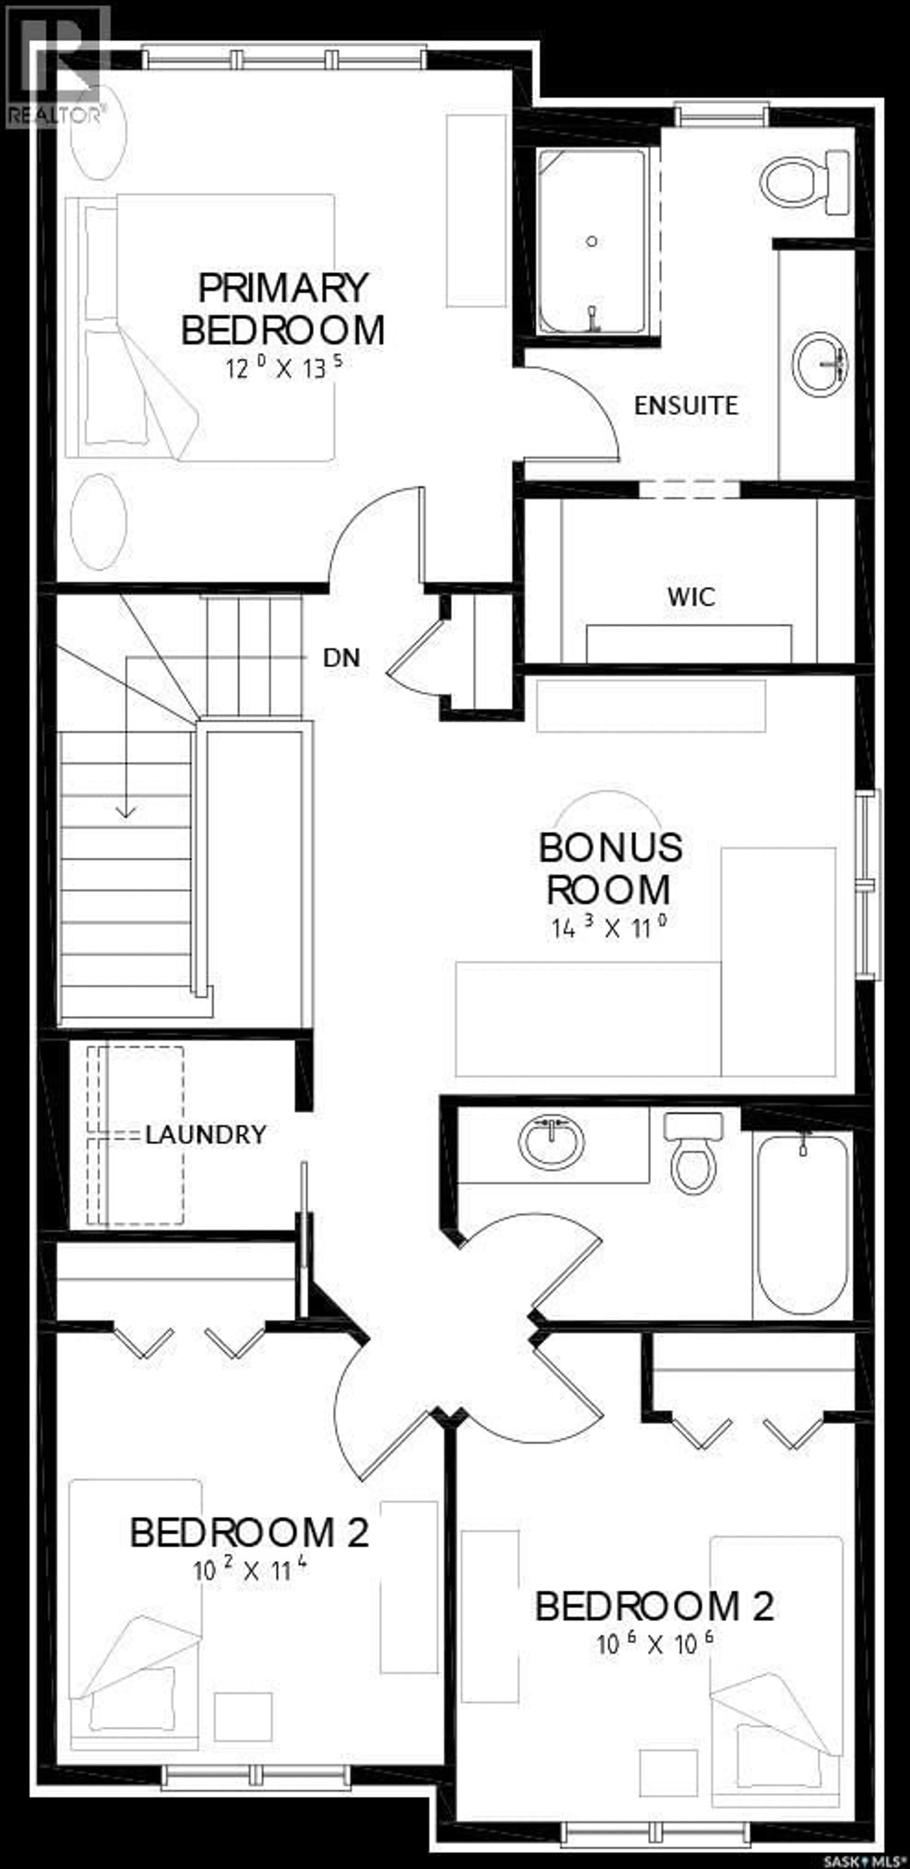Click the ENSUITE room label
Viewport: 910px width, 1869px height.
(686, 405)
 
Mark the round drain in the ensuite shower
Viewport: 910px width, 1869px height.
(592, 241)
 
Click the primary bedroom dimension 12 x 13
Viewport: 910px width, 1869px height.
(283, 368)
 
